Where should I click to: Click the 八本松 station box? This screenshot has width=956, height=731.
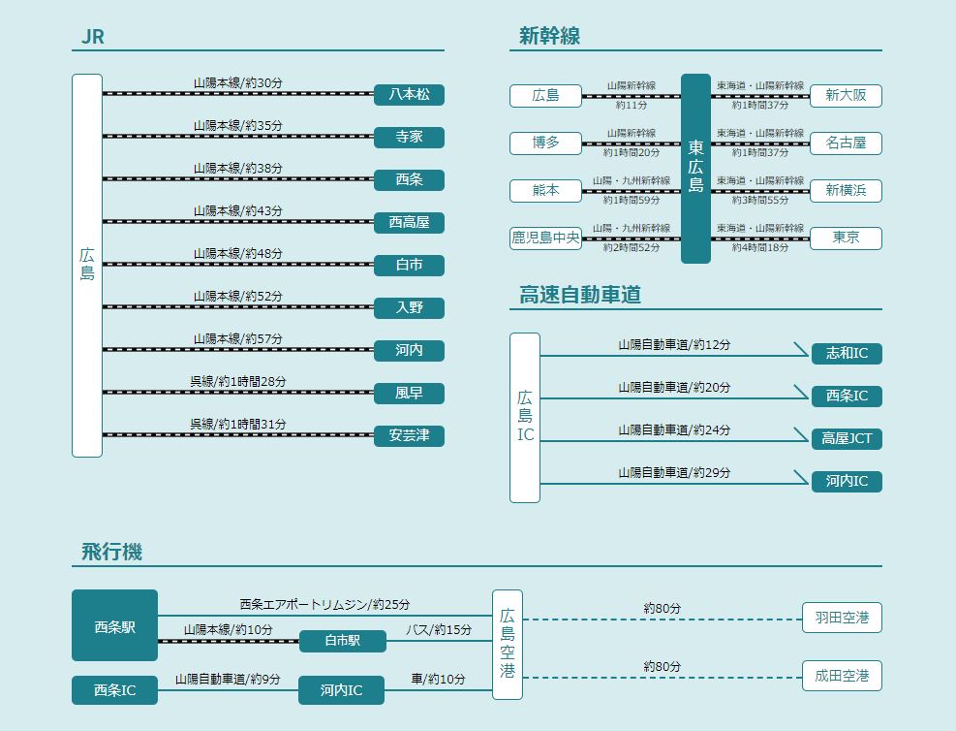409,95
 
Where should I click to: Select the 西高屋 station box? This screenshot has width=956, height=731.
409,223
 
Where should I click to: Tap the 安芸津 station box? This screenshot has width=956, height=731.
409,436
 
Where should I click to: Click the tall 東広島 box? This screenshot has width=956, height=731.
695,169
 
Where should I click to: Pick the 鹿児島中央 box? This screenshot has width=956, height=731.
546,238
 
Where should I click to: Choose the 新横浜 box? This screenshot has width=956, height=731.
846,191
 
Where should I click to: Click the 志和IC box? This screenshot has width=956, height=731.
847,353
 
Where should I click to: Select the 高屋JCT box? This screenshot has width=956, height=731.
847,438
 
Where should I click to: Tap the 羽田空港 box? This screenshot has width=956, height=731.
842,618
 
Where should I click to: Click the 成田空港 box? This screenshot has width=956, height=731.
842,676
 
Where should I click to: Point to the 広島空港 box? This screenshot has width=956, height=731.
508,644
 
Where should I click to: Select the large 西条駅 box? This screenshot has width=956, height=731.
114,626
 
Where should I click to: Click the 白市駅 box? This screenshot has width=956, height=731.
342,641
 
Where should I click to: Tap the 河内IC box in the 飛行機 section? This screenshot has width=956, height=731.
341,690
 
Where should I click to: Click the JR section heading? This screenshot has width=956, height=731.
93,38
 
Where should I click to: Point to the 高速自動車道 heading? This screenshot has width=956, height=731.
579,296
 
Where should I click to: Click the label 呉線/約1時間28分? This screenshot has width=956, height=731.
237,381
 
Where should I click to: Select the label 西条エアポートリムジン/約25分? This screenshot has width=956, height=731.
324,604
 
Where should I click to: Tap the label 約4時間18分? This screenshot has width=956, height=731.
760,248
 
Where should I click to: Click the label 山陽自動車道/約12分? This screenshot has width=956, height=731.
674,345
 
